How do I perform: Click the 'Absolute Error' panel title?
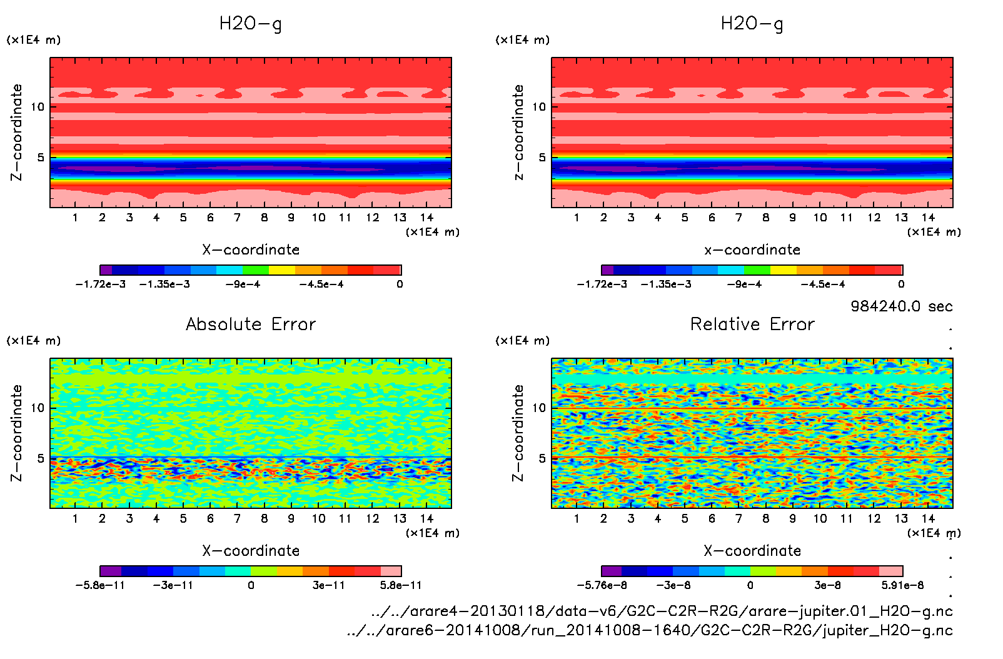(251, 324)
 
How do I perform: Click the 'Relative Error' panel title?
(752, 324)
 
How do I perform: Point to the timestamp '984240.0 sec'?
(901, 306)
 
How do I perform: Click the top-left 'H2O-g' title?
(250, 24)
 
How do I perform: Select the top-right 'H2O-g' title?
(752, 24)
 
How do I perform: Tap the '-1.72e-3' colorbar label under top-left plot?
(101, 284)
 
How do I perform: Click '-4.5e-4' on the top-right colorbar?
(823, 284)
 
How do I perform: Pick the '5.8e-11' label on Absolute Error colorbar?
(401, 585)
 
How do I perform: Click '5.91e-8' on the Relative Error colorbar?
(902, 585)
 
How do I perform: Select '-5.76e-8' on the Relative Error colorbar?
(602, 585)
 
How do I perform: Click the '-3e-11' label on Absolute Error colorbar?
(173, 585)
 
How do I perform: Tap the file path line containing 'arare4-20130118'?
(662, 611)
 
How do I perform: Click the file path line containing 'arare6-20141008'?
(650, 630)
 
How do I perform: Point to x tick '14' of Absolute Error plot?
(426, 518)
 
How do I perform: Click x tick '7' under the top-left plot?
(237, 218)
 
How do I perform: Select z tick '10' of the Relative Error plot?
(539, 408)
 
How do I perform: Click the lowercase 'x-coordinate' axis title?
(752, 250)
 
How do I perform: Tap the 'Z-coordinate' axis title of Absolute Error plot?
(17, 433)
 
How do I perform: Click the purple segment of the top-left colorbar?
(106, 270)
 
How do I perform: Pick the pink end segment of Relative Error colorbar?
(890, 571)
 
